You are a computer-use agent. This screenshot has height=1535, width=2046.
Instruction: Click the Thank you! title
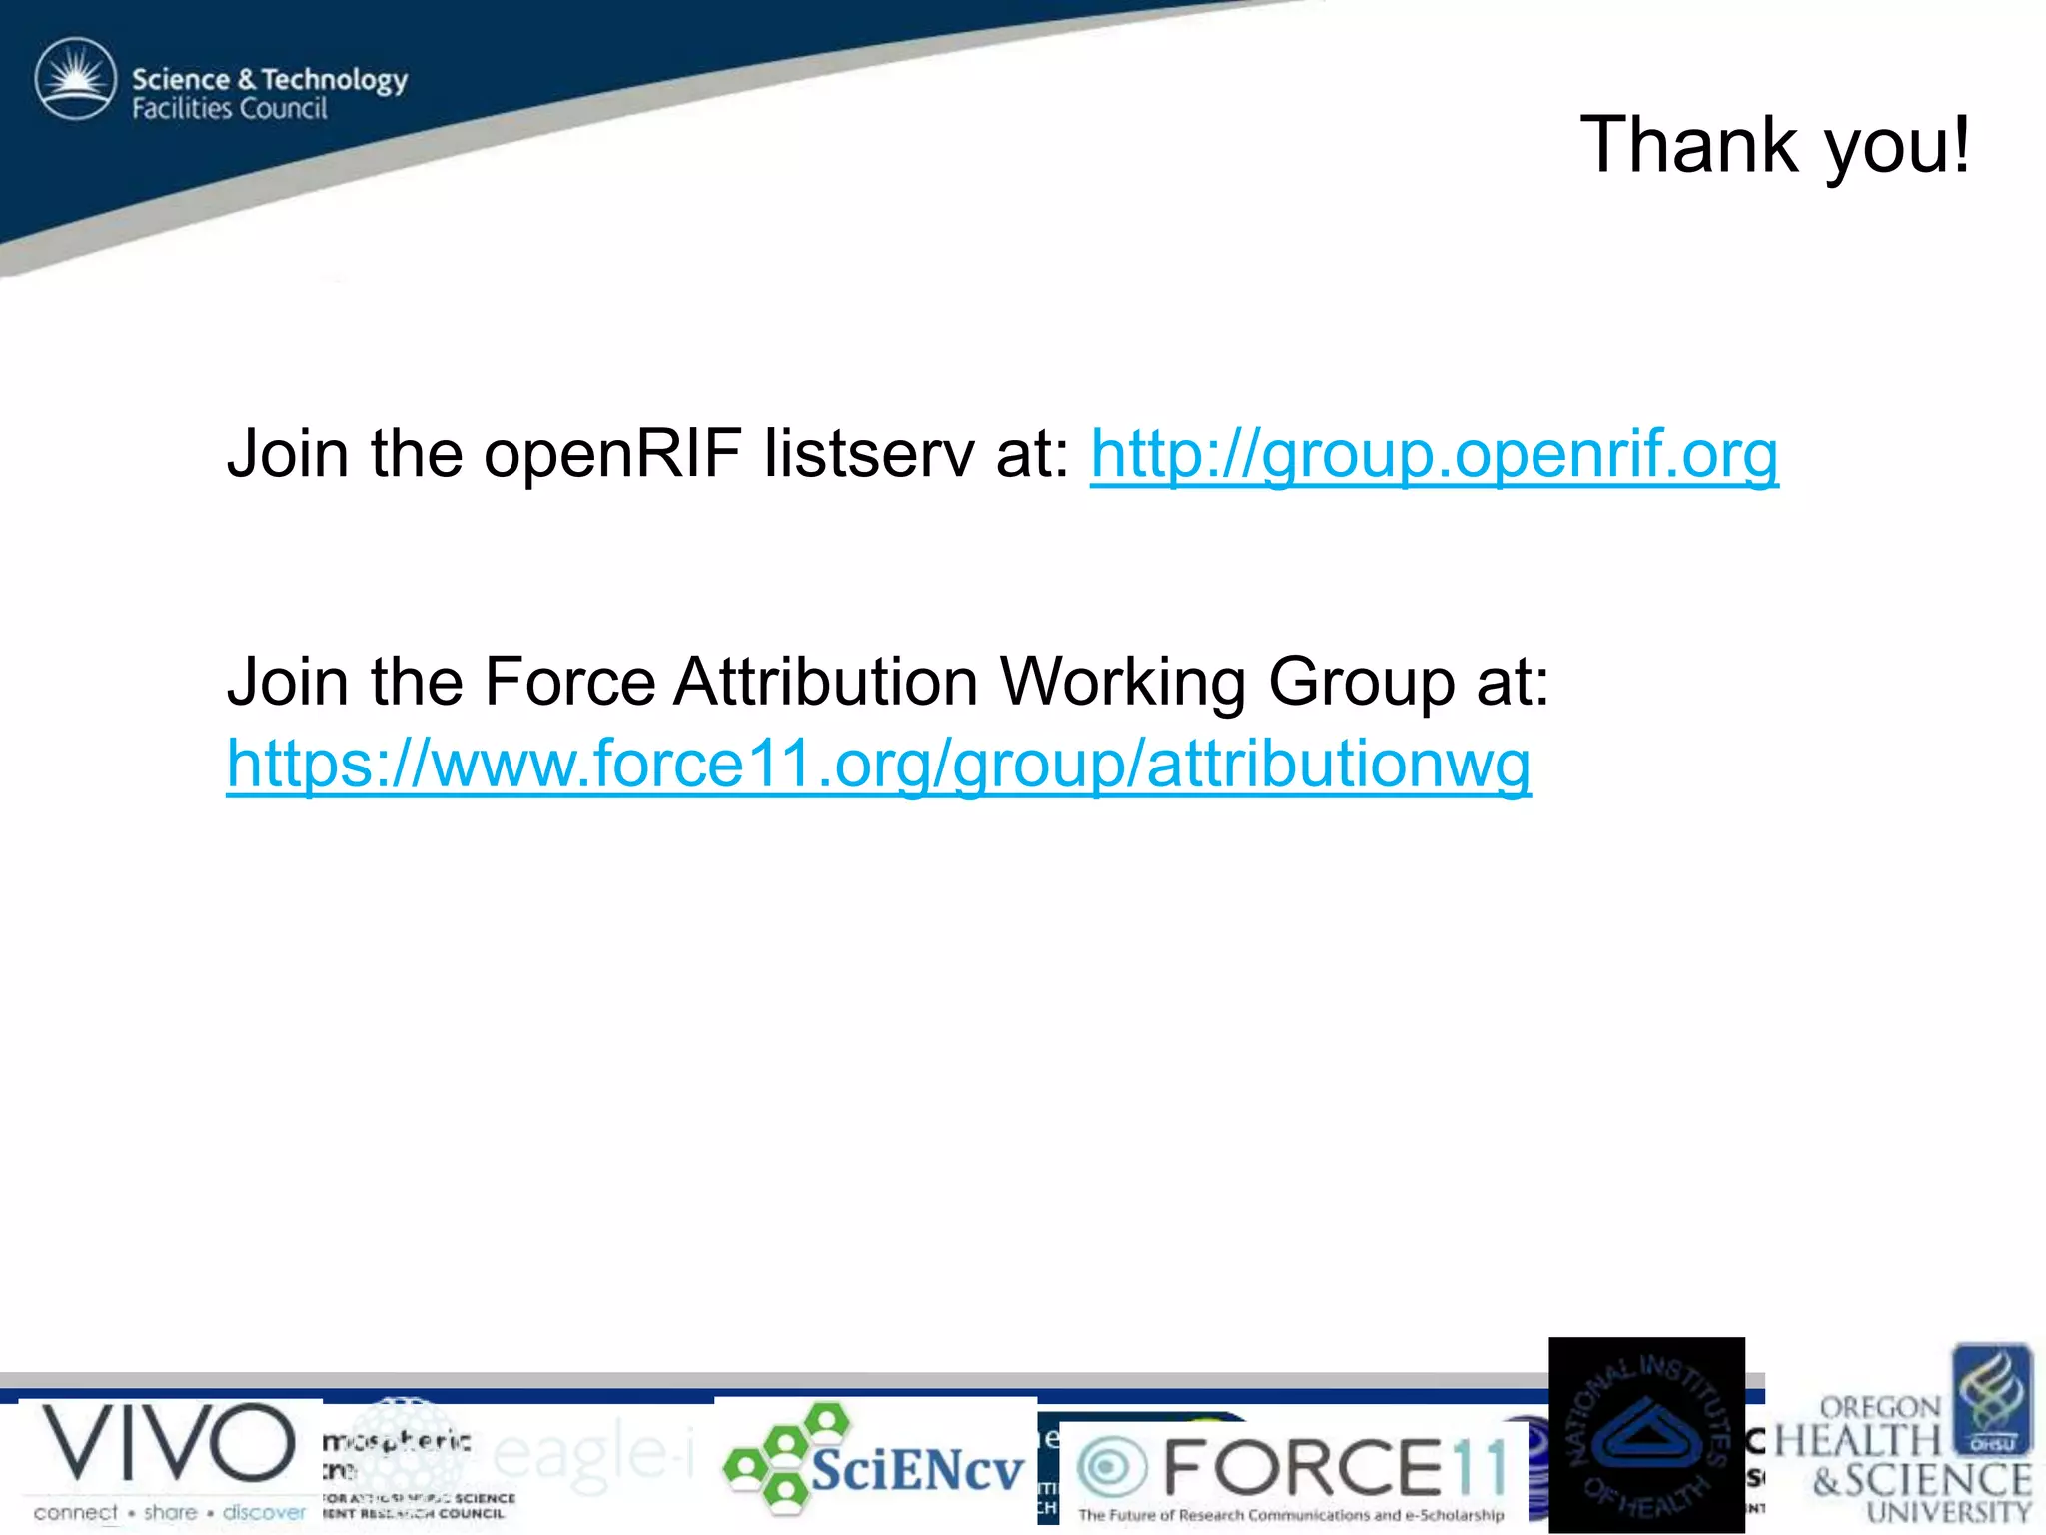1774,146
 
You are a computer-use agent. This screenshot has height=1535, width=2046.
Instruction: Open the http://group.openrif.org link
1434,454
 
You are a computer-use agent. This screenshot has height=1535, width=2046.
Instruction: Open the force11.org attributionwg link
878,765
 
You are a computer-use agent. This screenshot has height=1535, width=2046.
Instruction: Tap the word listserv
868,454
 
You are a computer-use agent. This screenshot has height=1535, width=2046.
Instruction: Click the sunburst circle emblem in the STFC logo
76,79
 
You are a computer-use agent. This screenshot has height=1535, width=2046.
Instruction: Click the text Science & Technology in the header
270,79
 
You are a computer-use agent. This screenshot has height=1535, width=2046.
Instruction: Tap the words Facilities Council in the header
230,109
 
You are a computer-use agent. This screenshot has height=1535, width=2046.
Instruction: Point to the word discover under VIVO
264,1513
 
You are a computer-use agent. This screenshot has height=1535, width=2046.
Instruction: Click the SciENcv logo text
917,1470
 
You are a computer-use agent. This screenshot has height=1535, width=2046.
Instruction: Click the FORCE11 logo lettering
1334,1468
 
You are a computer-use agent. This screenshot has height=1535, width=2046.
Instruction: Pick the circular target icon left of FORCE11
1109,1468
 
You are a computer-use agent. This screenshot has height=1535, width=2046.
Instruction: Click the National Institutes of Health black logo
1646,1436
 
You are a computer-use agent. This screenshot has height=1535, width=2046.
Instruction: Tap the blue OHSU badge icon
1992,1399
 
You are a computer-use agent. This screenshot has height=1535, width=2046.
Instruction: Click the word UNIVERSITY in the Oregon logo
1948,1514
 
